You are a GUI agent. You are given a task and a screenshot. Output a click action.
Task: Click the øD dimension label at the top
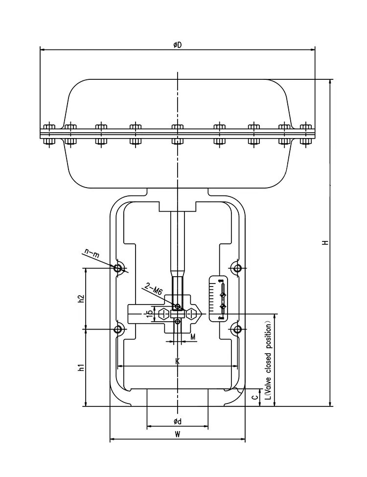[177, 45]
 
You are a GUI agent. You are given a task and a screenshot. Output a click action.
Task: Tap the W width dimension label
[177, 435]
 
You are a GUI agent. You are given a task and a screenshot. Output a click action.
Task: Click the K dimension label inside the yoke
[177, 361]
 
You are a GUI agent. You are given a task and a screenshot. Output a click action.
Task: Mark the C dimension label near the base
[253, 397]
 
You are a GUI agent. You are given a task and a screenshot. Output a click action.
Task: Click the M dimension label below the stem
[193, 337]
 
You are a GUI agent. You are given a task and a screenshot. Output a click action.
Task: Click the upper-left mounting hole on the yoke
[118, 268]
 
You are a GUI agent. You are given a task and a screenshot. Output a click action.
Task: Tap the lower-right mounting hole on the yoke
[237, 329]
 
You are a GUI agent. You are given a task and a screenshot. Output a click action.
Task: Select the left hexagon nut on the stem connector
[163, 314]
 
